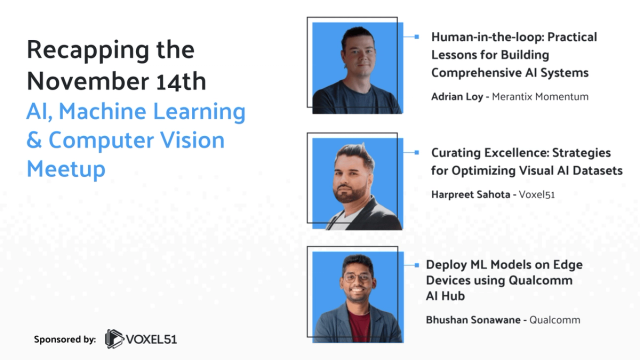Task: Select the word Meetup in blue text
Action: (66, 169)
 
